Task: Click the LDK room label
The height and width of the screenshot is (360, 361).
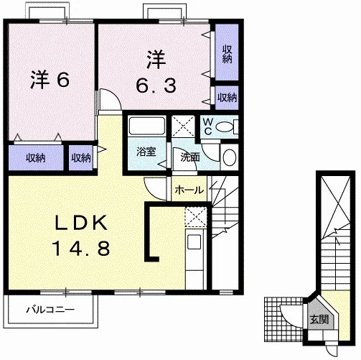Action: [x=81, y=223]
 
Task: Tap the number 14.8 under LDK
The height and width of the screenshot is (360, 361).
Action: [x=81, y=248]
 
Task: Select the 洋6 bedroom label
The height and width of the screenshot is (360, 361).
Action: [x=50, y=80]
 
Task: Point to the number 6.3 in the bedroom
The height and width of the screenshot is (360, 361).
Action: [x=156, y=85]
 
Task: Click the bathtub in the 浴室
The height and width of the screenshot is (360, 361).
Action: [x=147, y=126]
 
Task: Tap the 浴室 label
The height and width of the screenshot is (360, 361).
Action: [x=146, y=152]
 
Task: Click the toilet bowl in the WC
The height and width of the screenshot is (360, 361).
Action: [x=224, y=126]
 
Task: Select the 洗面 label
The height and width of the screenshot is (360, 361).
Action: [x=190, y=157]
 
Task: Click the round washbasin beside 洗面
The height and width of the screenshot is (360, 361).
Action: [x=230, y=157]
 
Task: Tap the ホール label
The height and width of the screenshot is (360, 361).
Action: [x=189, y=190]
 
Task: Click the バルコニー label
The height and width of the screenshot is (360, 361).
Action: [x=50, y=310]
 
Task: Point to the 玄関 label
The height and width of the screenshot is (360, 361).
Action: [x=319, y=319]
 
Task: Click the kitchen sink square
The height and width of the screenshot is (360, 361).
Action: [x=194, y=241]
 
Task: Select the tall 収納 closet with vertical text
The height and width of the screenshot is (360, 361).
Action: [x=227, y=52]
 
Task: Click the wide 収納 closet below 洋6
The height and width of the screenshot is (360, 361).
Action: [x=36, y=158]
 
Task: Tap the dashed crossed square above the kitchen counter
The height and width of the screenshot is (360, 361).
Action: [x=196, y=217]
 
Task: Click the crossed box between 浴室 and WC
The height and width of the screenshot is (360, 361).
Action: [x=183, y=126]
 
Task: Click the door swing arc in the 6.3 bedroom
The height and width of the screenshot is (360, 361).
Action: [x=116, y=95]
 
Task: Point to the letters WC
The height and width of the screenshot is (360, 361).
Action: [x=208, y=126]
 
